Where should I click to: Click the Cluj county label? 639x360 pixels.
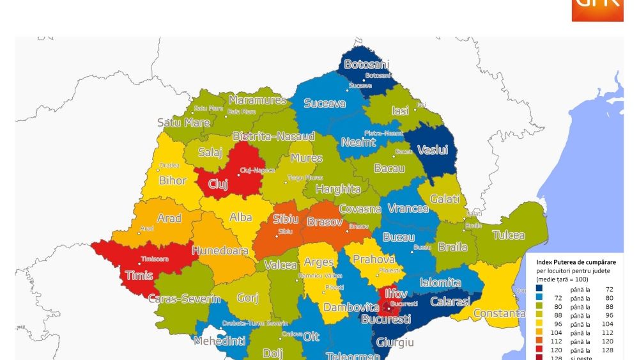[x=218, y=184]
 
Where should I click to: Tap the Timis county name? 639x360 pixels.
[x=139, y=276]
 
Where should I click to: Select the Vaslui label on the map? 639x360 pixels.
[x=433, y=150]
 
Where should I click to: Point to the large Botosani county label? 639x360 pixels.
[x=366, y=65]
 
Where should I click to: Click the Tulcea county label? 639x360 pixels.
[x=509, y=235]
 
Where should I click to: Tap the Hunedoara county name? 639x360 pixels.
[x=220, y=251]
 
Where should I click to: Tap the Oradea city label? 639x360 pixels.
[x=169, y=166]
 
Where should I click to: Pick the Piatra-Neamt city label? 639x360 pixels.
[x=383, y=133]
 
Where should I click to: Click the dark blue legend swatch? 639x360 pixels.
[x=539, y=289]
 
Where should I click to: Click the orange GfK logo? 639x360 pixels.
[x=597, y=10]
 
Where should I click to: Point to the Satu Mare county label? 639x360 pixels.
[x=183, y=122]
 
